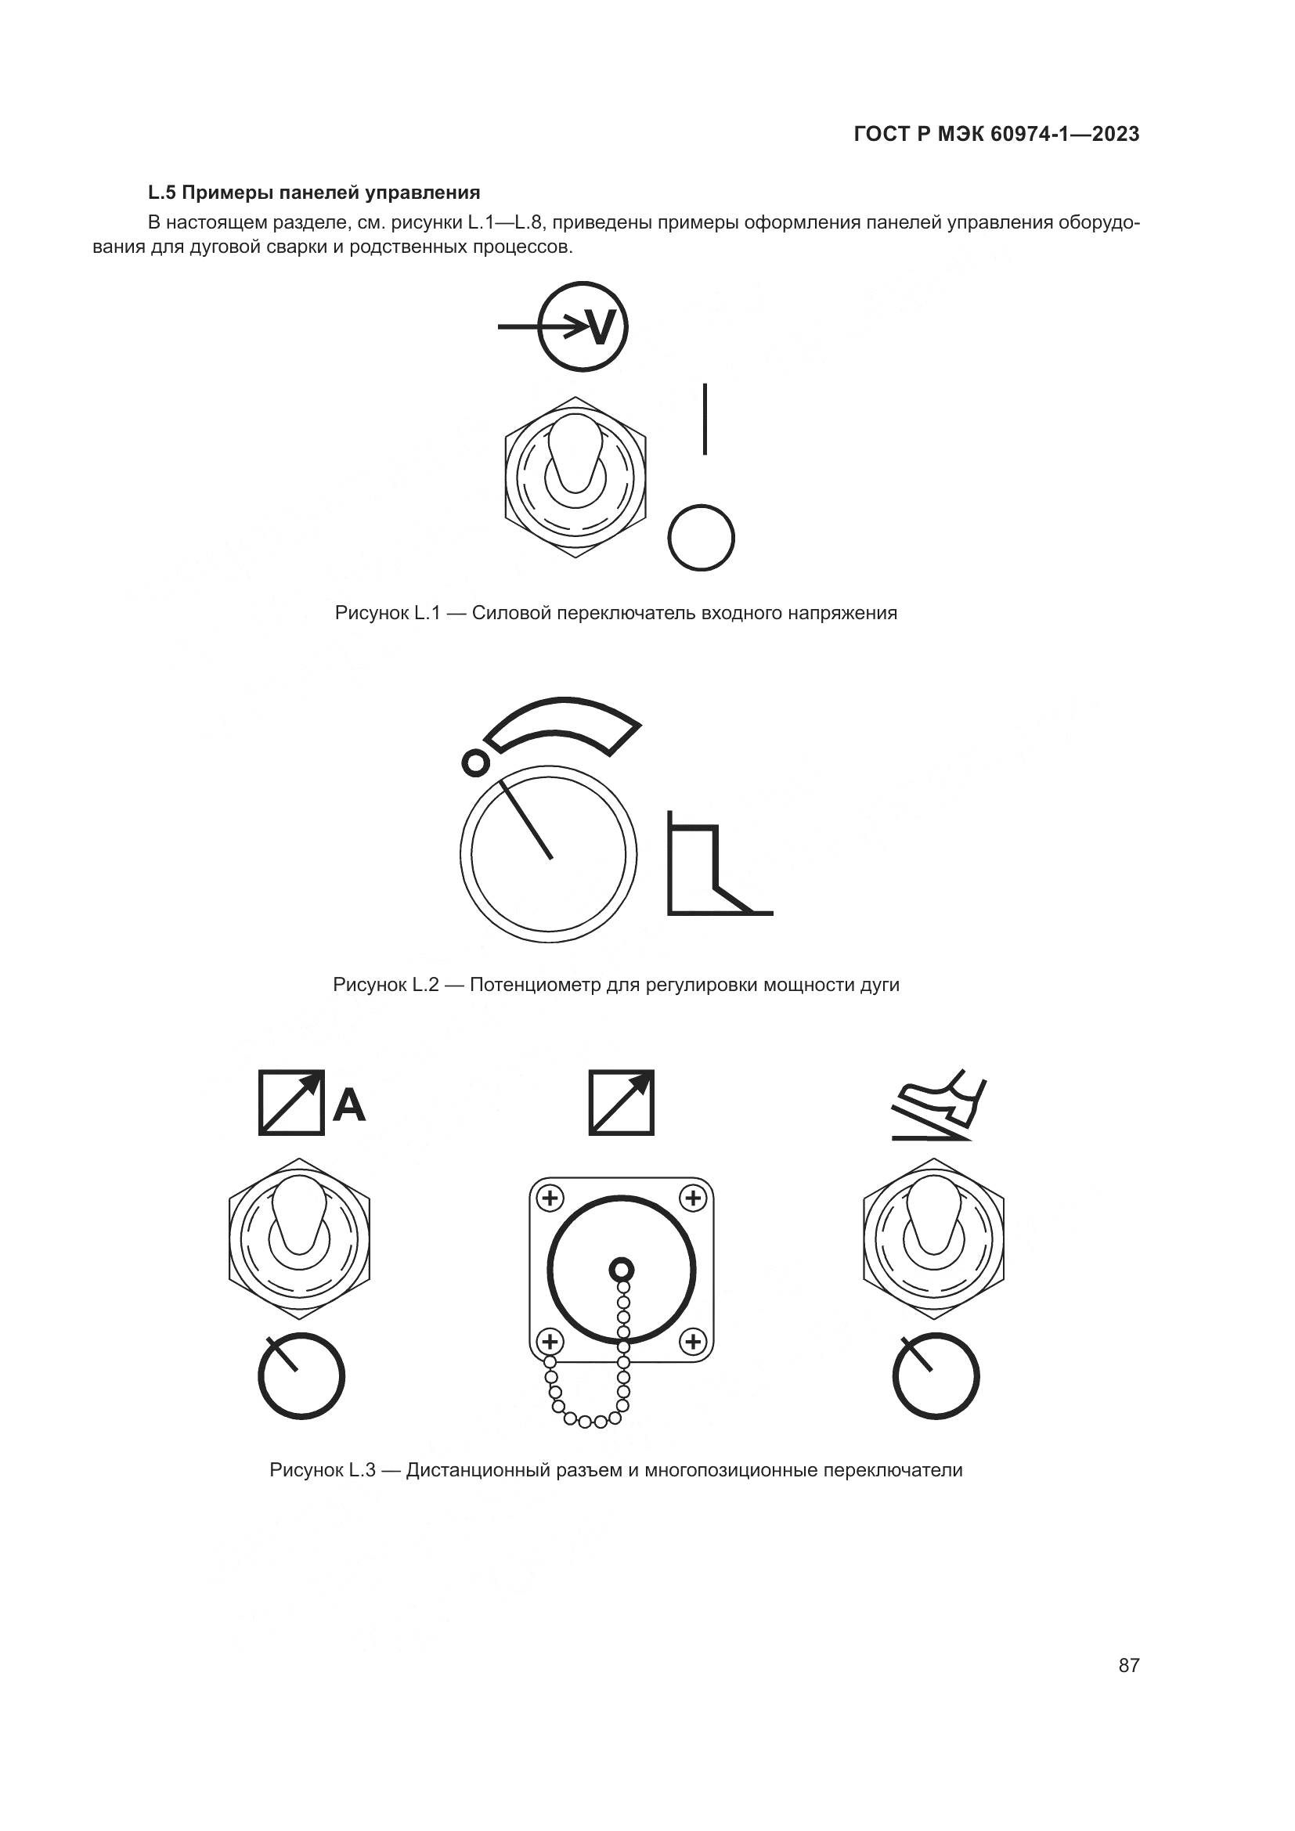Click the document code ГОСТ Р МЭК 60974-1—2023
click(996, 134)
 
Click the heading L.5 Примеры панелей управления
click(314, 193)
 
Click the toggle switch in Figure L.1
click(575, 477)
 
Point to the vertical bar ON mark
click(705, 420)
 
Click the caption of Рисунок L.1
click(615, 613)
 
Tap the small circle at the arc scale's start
click(475, 763)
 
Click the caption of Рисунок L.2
click(615, 985)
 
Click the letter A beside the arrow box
click(348, 1105)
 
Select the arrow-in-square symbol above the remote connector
click(621, 1102)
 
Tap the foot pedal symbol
click(940, 1105)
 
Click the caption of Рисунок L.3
click(615, 1470)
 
